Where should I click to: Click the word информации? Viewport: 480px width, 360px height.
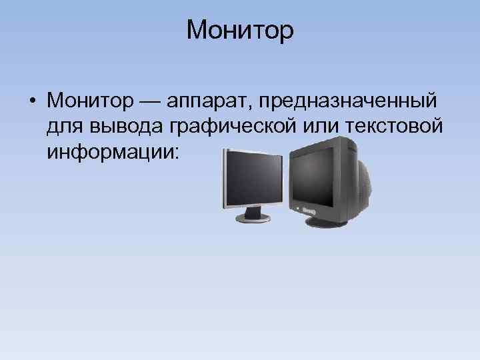109,151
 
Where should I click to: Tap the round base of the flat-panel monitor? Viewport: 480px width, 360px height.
253,219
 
